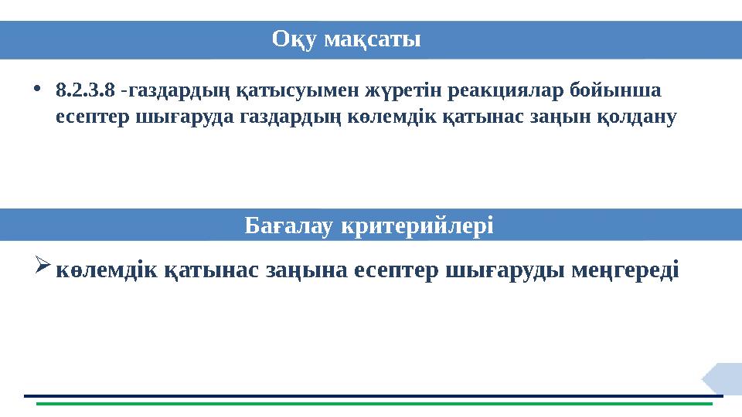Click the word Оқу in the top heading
click(x=294, y=39)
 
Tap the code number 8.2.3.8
click(x=87, y=91)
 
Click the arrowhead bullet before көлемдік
click(x=43, y=270)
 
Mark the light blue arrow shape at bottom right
click(x=723, y=378)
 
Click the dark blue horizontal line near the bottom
click(x=371, y=395)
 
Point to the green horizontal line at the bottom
click(x=371, y=403)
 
